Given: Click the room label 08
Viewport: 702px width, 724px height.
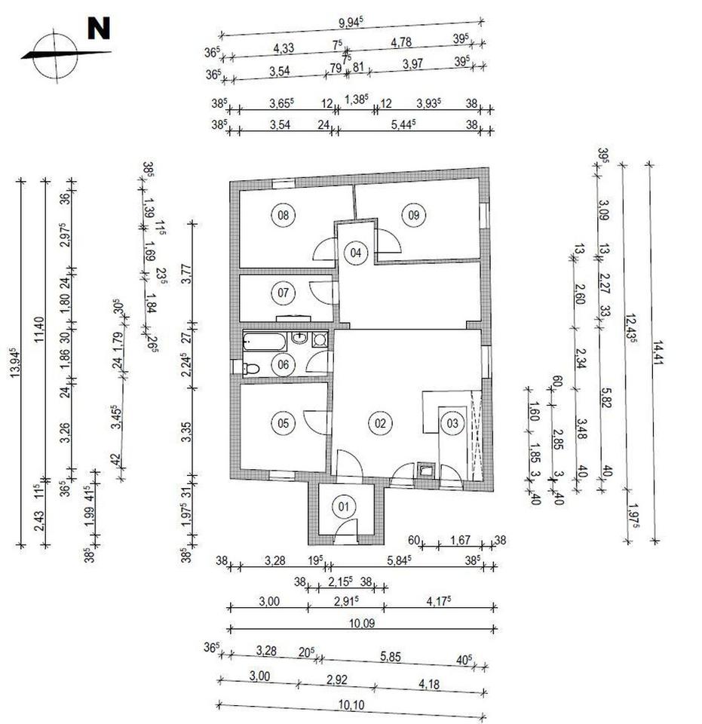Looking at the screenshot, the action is (x=284, y=215).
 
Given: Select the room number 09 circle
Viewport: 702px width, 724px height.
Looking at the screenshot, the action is (x=413, y=215).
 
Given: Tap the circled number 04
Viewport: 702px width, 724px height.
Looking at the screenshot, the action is (x=357, y=253).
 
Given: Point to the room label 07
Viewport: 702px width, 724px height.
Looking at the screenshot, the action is (x=284, y=291).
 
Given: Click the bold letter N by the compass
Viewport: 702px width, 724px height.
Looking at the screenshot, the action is (x=99, y=28).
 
